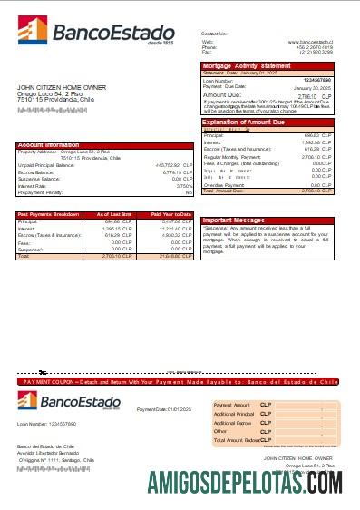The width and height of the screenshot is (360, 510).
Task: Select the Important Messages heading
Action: pyautogui.click(x=235, y=220)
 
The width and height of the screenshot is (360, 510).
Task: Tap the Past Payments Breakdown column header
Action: pyautogui.click(x=48, y=213)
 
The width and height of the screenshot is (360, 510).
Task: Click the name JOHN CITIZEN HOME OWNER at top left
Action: pyautogui.click(x=61, y=86)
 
